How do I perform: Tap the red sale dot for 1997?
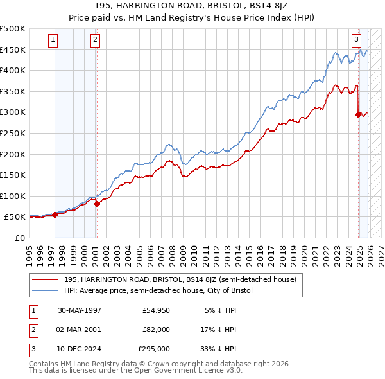[x=55, y=215]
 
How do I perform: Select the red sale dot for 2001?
[x=97, y=204]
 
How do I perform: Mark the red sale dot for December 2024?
[x=358, y=114]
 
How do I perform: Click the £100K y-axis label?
[x=13, y=196]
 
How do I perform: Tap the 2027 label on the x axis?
[x=381, y=254]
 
